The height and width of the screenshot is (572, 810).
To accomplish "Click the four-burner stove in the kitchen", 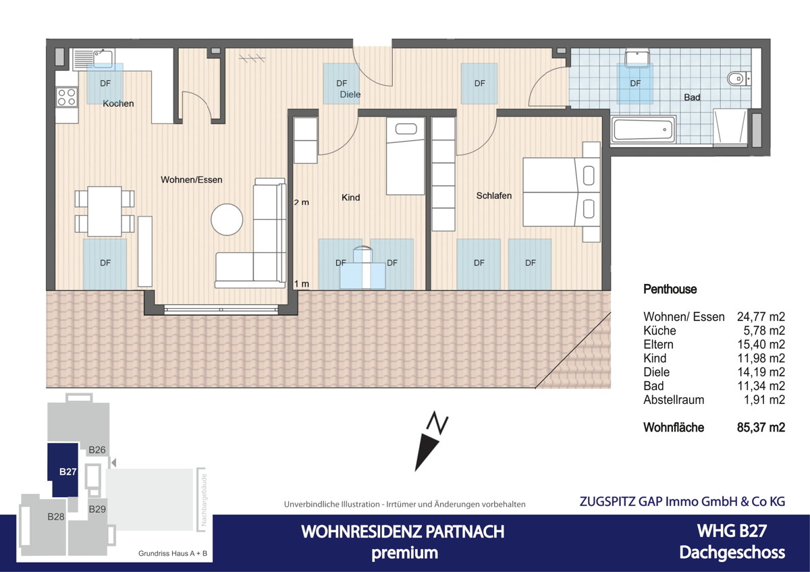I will pos(66,97).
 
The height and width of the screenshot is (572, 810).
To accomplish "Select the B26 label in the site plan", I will pos(98,450).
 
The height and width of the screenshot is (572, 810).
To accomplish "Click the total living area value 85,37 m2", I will pos(760,428).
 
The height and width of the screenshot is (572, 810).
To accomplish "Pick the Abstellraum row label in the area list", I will pos(674,399).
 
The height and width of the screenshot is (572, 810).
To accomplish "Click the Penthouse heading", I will pos(670,289).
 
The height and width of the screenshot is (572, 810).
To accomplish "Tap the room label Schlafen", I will pos(493,196).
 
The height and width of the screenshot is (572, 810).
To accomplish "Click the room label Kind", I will pos(351,198).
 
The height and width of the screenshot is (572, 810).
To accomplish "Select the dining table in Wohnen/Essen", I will pos(105,211).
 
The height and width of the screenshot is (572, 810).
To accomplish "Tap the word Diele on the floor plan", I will pos(350,94).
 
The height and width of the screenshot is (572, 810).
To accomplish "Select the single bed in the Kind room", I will pos(405,155).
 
